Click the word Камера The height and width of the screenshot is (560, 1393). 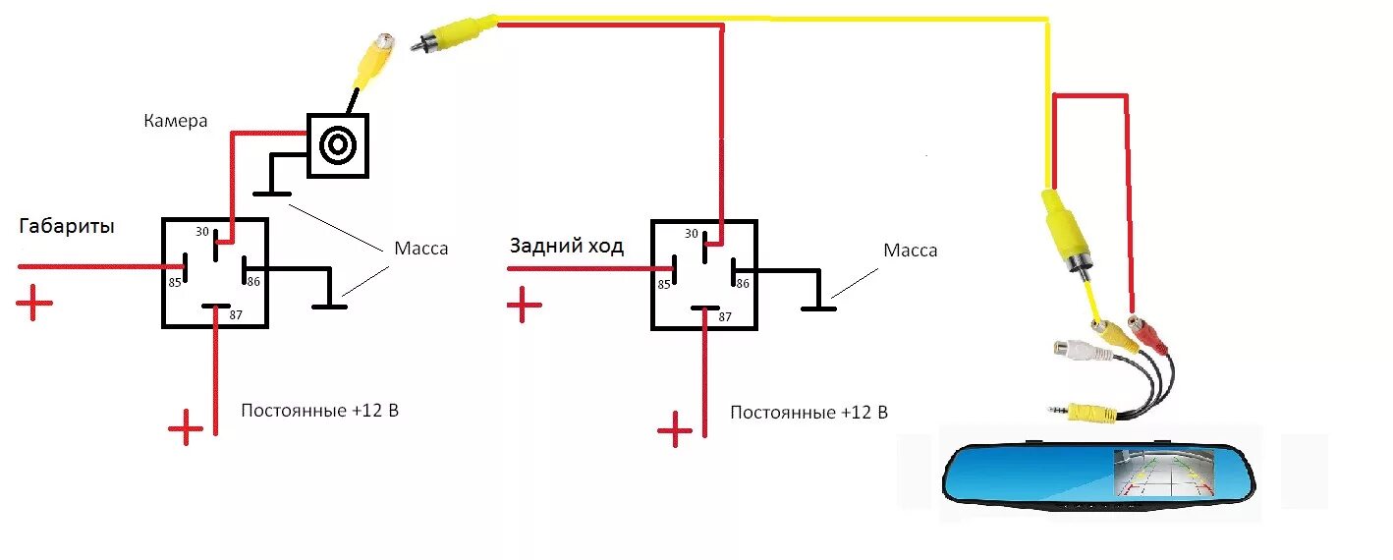(x=176, y=121)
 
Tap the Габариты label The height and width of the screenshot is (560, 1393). (x=66, y=226)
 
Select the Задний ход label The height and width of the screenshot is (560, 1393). (x=566, y=246)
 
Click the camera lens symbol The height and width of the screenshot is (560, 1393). (x=338, y=145)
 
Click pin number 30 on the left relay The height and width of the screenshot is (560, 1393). (x=201, y=232)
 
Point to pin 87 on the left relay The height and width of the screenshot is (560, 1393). (x=236, y=315)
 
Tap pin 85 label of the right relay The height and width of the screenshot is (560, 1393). (x=664, y=284)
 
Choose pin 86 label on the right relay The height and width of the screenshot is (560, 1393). (x=743, y=283)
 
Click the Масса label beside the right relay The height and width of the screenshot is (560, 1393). (x=910, y=251)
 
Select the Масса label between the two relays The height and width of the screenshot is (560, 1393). (x=420, y=248)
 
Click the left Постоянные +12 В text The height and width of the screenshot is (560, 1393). (x=319, y=410)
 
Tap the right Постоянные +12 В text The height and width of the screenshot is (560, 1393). (x=808, y=412)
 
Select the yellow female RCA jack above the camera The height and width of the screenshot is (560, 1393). (x=376, y=57)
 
